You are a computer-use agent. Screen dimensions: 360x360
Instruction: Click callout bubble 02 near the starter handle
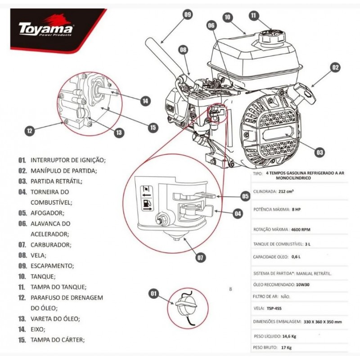click(334, 68)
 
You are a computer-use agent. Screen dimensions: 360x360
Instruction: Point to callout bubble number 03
click(319, 153)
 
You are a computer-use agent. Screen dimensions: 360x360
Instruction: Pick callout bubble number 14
click(144, 101)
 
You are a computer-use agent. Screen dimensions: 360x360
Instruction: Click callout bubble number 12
click(30, 131)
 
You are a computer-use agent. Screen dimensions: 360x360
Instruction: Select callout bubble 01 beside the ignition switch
click(154, 294)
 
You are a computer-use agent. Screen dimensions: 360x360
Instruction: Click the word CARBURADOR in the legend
click(50, 245)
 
